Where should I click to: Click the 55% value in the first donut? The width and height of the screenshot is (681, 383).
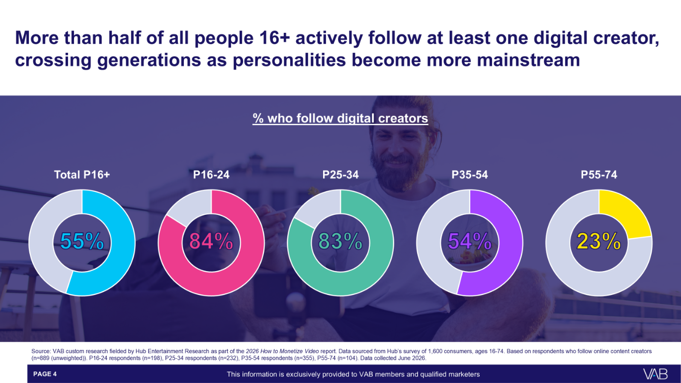[82, 241]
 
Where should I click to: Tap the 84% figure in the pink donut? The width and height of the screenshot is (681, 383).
[211, 241]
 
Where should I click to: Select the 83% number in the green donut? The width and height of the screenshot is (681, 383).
[340, 241]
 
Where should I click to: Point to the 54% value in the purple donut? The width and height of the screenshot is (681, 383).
[470, 241]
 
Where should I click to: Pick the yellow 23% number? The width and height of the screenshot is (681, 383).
[599, 241]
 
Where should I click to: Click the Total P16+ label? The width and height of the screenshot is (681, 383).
[82, 175]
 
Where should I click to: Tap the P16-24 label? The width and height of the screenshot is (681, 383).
[211, 175]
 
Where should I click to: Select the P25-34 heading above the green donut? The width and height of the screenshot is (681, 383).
[340, 175]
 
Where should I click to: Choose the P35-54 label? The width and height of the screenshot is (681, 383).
[470, 175]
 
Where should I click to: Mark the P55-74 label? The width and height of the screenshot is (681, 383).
[599, 175]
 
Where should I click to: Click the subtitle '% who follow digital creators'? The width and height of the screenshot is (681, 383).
[340, 118]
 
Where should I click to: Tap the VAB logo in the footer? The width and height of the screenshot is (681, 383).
[656, 374]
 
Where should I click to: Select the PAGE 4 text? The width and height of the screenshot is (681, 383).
[45, 374]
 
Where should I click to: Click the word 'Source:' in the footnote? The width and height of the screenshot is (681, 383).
[41, 351]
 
